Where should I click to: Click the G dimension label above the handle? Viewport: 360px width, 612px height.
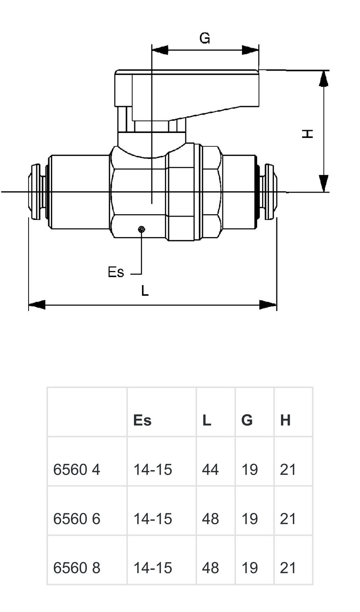pos(204,38)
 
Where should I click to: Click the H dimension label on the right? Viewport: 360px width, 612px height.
pos(307,133)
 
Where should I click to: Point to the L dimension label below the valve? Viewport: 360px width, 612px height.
pos(145,291)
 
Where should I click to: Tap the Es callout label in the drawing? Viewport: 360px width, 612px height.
pos(116,272)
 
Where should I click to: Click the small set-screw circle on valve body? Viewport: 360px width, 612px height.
pos(141,230)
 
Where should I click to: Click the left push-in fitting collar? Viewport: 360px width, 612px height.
pos(36,191)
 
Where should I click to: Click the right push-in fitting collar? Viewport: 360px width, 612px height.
pos(269,191)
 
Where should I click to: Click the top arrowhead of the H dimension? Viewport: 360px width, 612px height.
pos(324,78)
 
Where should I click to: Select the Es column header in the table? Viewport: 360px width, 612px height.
pos(142,420)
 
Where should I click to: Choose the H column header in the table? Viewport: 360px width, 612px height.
pos(285,420)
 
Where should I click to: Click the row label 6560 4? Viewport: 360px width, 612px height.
pos(76,470)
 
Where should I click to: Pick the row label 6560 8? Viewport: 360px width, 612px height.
pos(76,568)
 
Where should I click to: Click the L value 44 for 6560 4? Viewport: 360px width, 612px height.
pos(210,470)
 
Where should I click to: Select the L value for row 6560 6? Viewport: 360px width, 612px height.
pos(210,519)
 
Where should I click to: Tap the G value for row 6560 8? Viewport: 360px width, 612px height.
pos(249,568)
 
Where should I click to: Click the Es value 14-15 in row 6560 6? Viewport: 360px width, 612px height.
pos(153,519)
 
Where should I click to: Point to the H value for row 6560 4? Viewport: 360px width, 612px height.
pos(288,470)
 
